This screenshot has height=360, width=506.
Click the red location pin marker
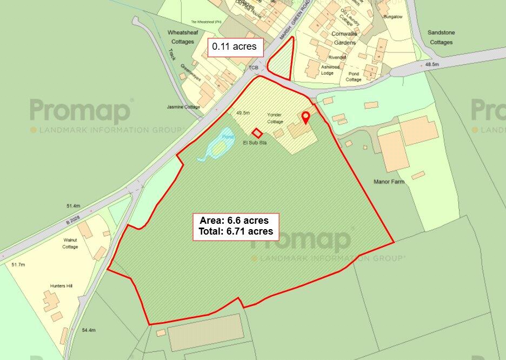pos(305,117)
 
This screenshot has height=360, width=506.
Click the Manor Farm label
pos(389,182)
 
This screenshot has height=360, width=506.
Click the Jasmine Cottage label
pos(183,107)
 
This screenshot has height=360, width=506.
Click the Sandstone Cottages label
pos(441,37)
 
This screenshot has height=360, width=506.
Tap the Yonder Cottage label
pos(275,118)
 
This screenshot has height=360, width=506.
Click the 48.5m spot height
pos(432,64)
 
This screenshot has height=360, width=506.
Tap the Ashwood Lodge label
pos(330,70)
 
